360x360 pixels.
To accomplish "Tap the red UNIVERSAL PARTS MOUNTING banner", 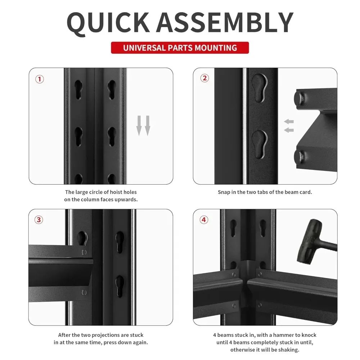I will (180, 48).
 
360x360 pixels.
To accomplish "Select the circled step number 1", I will (40, 79).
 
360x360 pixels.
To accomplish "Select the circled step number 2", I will (204, 78).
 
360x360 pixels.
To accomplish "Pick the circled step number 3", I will (40, 220).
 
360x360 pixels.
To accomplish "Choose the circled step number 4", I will (204, 219).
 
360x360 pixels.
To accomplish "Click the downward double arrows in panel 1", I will (143, 125).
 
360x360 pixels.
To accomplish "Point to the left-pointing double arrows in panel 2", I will (289, 126).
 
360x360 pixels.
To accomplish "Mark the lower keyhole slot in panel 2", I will (259, 143).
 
